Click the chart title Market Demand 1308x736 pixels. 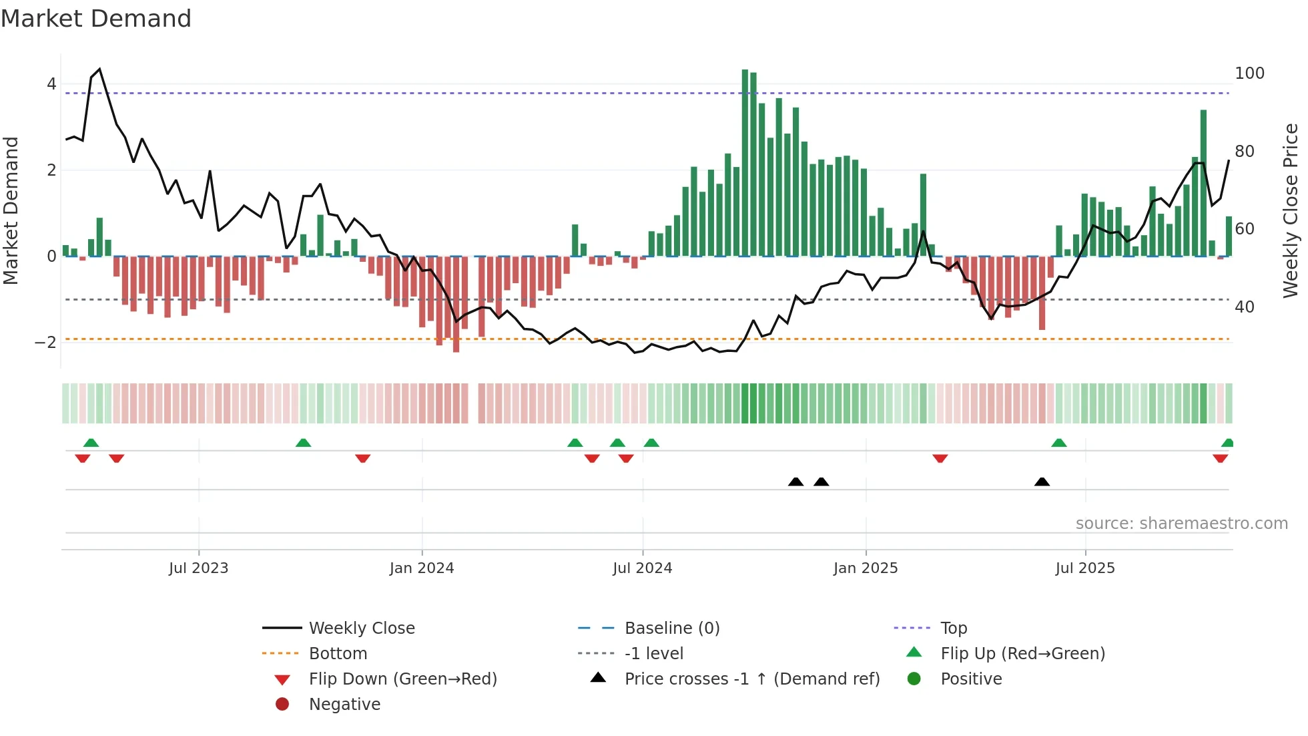[96, 19]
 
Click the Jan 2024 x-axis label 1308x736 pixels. [422, 568]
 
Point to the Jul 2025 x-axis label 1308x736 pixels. [1085, 568]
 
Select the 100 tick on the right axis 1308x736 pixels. [1249, 73]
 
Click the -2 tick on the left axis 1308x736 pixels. [46, 343]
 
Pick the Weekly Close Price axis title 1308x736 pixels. [1291, 210]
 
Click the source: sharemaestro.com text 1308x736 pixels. [1181, 524]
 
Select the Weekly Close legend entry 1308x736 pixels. [361, 628]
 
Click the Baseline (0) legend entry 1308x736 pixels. [671, 628]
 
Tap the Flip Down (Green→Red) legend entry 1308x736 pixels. [402, 679]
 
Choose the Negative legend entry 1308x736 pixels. [344, 705]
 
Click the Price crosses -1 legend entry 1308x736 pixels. [751, 679]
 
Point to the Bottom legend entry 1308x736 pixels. [338, 654]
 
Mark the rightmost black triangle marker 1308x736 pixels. [1042, 482]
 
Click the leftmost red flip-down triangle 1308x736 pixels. [83, 458]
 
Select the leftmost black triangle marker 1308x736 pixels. [795, 482]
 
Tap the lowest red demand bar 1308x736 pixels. [456, 304]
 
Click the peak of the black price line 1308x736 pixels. [99, 69]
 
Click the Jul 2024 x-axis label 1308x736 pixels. [642, 568]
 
